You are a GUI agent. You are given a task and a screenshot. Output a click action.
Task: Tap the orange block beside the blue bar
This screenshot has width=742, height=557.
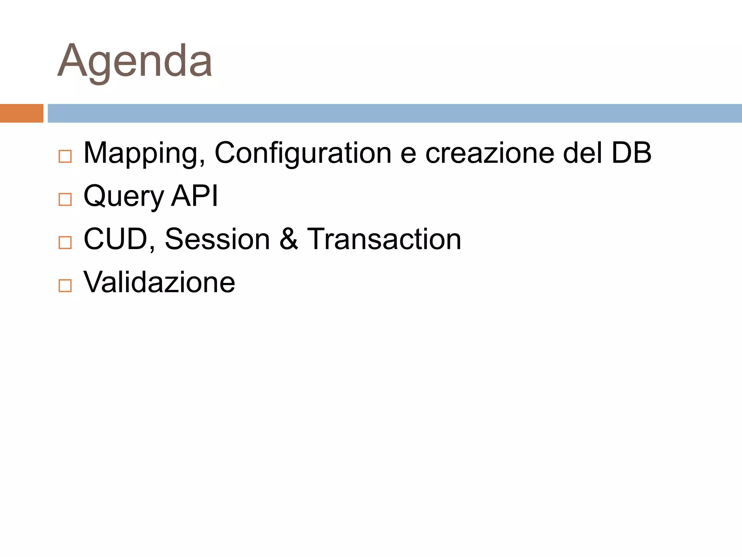tap(21, 113)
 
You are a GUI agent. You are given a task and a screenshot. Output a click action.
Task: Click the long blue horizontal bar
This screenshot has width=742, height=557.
tap(395, 113)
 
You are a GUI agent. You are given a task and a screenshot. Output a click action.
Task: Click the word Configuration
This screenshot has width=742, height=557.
tap(303, 153)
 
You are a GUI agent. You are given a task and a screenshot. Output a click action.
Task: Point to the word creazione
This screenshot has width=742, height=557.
tap(489, 153)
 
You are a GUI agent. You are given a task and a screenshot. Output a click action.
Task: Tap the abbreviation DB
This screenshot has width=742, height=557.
tap(631, 153)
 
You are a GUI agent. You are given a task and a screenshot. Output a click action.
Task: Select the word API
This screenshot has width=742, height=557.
tap(195, 196)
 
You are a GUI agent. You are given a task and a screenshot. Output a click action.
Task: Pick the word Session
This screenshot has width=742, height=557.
tap(217, 239)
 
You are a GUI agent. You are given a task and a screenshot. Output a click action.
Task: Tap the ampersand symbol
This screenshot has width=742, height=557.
tap(289, 239)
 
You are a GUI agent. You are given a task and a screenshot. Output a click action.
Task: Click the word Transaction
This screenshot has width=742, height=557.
tap(384, 239)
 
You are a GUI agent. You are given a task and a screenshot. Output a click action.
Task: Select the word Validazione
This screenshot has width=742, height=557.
tap(159, 282)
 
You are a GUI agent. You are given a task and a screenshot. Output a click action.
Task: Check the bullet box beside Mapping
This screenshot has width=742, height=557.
tap(65, 156)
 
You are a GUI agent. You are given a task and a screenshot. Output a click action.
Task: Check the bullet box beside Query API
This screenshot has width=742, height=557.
tap(65, 199)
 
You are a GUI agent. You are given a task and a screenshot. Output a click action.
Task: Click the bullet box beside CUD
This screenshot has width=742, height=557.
tap(65, 243)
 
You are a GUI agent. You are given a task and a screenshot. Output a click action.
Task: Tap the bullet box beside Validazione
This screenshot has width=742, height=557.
tap(65, 286)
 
